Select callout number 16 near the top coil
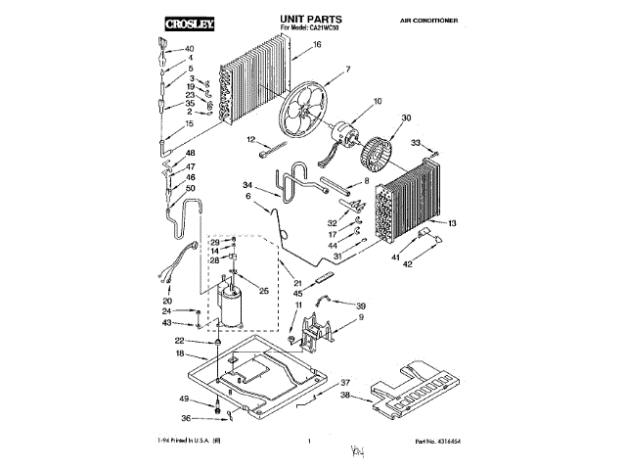point(317,46)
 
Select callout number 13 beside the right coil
point(451,224)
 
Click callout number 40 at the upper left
point(190,49)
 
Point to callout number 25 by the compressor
point(262,291)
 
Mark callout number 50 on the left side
point(190,188)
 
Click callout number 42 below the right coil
point(411,264)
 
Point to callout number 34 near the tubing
point(248,185)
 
